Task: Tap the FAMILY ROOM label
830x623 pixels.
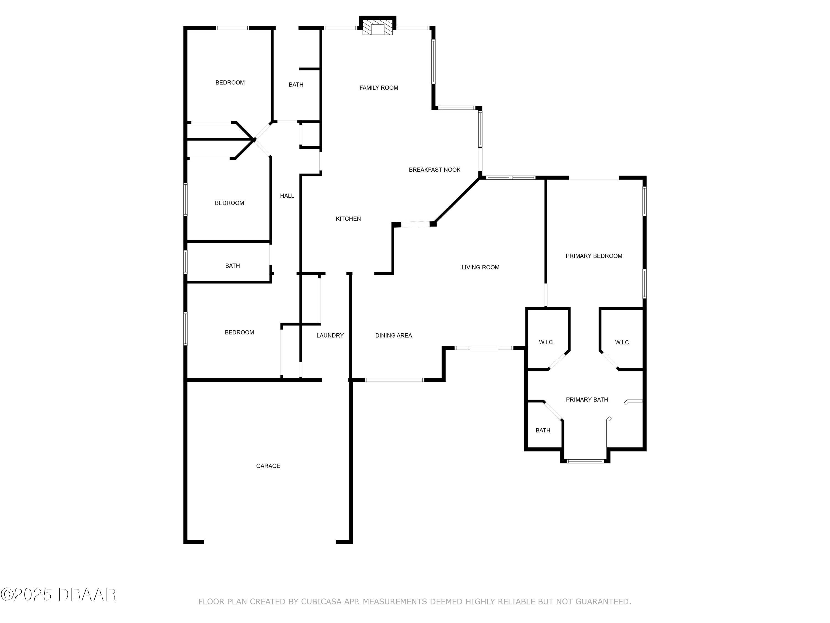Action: [378, 88]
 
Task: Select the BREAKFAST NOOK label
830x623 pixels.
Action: [435, 170]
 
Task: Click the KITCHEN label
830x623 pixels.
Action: [348, 218]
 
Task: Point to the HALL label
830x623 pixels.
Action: [287, 196]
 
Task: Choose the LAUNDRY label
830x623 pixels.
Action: [330, 335]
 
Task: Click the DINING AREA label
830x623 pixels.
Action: [394, 335]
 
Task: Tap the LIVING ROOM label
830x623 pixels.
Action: [480, 267]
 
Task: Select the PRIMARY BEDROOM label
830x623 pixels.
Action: [594, 256]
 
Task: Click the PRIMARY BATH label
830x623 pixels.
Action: [587, 400]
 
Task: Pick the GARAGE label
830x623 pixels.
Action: [268, 466]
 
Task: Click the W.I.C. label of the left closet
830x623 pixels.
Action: [546, 342]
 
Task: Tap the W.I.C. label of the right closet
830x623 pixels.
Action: [622, 342]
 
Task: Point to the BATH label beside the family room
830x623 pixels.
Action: [296, 84]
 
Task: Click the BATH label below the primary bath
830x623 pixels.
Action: [543, 430]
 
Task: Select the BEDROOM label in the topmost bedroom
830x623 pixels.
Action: [230, 83]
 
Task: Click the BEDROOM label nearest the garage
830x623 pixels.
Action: [239, 332]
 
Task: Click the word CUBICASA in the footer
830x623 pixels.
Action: [321, 602]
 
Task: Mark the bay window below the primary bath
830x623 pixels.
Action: [585, 461]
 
